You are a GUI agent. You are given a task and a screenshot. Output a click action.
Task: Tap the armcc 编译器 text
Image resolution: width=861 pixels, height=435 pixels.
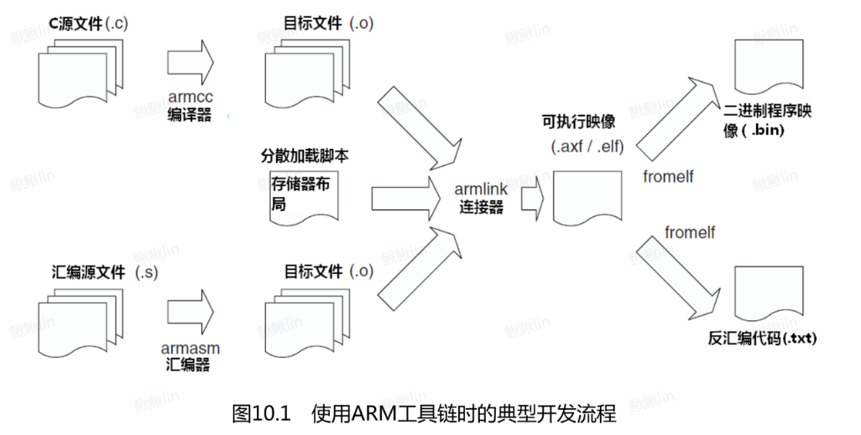click(188, 106)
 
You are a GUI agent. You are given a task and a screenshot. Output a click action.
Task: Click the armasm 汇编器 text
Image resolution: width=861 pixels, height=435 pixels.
click(187, 355)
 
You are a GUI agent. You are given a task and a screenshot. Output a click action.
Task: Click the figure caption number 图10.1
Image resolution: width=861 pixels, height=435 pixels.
click(261, 413)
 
